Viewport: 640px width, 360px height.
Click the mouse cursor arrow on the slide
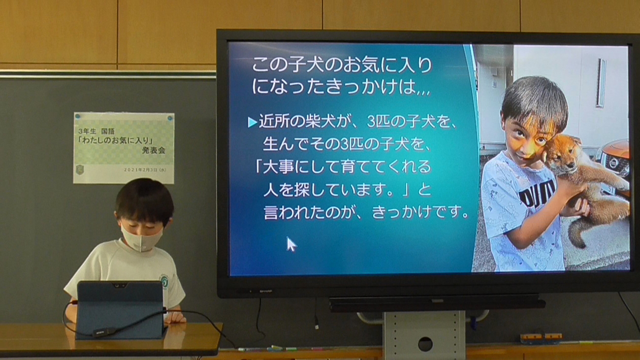click(291, 244)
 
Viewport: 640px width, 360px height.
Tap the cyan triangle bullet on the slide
click(252, 123)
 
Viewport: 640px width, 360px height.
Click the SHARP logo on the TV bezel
click(266, 291)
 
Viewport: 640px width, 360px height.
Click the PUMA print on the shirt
click(537, 195)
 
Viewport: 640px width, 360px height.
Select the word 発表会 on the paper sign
click(154, 150)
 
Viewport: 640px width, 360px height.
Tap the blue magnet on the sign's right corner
click(170, 117)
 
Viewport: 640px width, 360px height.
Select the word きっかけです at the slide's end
click(420, 212)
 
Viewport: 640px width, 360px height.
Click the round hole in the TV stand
click(425, 344)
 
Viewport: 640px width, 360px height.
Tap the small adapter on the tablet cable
click(101, 332)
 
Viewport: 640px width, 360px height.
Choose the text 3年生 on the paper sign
click(88, 131)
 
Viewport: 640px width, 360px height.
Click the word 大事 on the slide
click(277, 166)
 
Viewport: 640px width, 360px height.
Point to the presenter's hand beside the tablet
click(175, 317)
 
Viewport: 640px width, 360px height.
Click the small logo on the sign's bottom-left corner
click(80, 170)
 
